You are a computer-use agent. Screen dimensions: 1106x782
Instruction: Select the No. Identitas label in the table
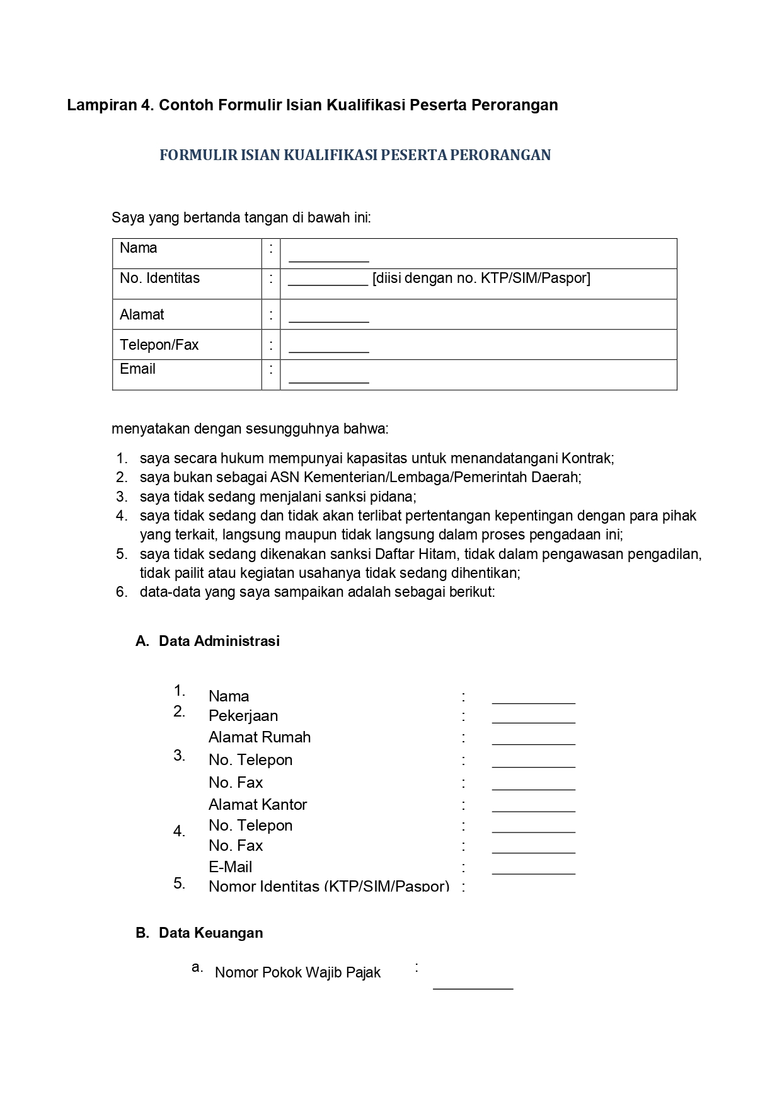click(159, 278)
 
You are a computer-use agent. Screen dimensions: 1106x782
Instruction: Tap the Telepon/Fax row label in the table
click(159, 345)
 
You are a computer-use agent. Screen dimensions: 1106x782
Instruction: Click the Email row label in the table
click(137, 369)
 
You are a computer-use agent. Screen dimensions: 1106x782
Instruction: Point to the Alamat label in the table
click(142, 314)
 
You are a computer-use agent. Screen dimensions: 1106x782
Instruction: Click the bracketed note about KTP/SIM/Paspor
click(481, 278)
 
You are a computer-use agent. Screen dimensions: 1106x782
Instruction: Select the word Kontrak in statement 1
click(587, 458)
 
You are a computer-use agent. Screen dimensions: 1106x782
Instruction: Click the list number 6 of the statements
click(121, 592)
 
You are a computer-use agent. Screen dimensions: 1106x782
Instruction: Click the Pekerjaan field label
click(243, 716)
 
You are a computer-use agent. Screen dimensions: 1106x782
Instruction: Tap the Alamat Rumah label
click(260, 737)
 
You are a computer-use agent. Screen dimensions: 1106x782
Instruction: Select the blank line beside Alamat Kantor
click(533, 809)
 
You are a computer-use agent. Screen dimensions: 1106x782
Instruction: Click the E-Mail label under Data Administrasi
click(231, 867)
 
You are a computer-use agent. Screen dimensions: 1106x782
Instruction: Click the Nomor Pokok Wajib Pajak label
click(297, 972)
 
